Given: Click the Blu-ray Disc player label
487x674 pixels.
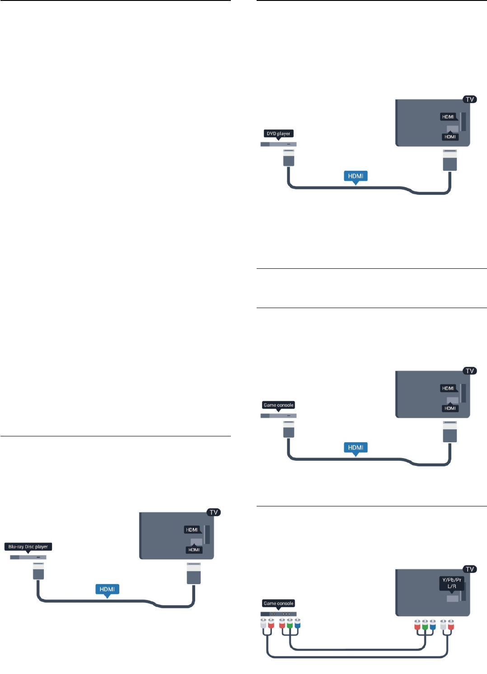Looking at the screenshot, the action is click(28, 547).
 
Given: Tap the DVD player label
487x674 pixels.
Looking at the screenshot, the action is click(278, 133).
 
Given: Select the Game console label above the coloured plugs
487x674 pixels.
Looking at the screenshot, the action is click(278, 603).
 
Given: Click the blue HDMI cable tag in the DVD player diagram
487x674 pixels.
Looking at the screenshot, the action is click(356, 176).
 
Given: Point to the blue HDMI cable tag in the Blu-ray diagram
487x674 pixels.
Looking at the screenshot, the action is click(107, 589).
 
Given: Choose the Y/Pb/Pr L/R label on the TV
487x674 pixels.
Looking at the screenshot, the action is click(451, 583).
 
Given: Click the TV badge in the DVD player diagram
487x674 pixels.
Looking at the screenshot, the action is click(470, 99).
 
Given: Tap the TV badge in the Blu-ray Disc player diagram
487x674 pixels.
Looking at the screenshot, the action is click(214, 512).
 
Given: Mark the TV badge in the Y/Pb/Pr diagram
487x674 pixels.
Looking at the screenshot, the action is click(470, 569).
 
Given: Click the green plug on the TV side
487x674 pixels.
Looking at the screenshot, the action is click(425, 625).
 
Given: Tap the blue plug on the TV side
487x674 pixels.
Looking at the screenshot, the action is click(433, 625).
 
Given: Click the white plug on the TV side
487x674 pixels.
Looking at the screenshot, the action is click(443, 625).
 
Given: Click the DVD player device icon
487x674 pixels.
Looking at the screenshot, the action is click(278, 144).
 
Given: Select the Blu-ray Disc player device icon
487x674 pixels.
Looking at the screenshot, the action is click(28, 557).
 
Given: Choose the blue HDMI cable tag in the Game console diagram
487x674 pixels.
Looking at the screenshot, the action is click(356, 447).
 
